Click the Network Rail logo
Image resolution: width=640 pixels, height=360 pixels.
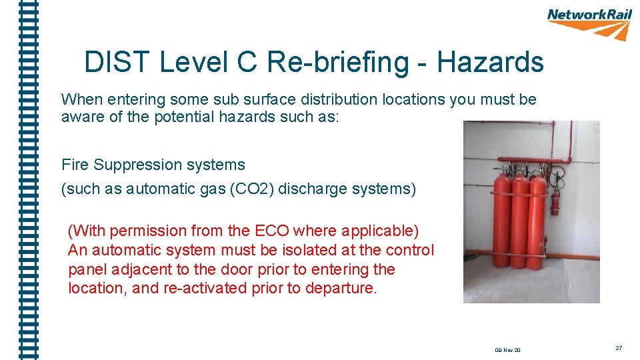tap(589, 23)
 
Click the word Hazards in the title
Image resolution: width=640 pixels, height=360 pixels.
tap(490, 63)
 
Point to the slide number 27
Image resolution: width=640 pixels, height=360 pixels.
tap(619, 348)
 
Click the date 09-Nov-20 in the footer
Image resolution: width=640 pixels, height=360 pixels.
tap(508, 350)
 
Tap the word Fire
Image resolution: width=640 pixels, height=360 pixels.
tap(75, 165)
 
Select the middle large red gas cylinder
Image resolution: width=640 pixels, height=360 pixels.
tap(519, 220)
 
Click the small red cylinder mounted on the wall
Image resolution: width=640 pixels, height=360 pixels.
tap(555, 201)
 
